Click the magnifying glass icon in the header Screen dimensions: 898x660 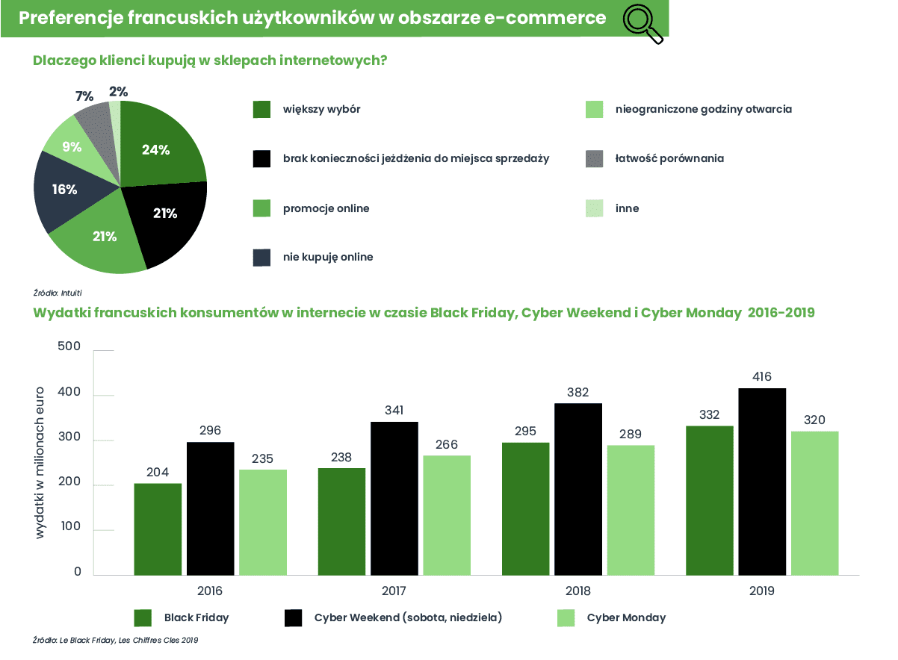[642, 23]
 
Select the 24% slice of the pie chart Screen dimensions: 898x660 [161, 149]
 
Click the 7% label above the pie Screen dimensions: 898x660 [84, 96]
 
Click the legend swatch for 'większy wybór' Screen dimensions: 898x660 [261, 110]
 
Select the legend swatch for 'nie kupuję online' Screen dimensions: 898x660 [261, 258]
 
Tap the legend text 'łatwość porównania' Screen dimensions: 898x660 [669, 159]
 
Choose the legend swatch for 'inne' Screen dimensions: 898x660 [594, 208]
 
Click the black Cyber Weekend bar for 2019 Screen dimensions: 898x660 [762, 482]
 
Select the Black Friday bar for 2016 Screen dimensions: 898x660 [158, 529]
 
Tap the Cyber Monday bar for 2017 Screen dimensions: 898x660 [447, 515]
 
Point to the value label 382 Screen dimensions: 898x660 [577, 392]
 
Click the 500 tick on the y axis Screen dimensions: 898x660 [69, 346]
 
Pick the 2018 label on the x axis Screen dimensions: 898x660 [577, 591]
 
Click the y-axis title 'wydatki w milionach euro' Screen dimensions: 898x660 [40, 463]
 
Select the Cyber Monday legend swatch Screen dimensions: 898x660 [566, 618]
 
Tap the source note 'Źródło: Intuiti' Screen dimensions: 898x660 [58, 293]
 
